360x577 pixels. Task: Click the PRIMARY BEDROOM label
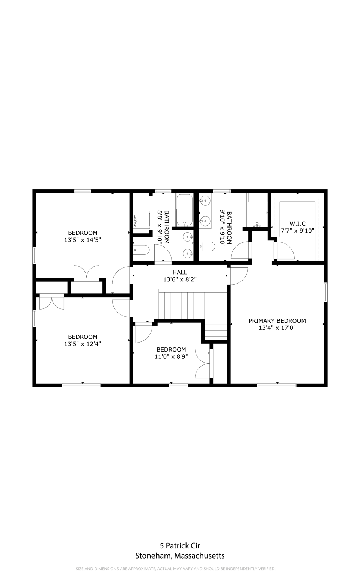coord(277,321)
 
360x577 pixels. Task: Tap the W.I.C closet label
coord(297,224)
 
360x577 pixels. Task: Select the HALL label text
coord(180,272)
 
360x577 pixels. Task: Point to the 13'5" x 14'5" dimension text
coord(83,240)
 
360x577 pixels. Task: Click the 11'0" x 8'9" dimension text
coord(171,356)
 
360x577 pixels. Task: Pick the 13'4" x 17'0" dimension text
coord(277,328)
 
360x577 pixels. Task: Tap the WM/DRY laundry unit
coord(141,221)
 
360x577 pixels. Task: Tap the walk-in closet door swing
coord(284,250)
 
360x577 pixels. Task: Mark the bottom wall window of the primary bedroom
coord(277,385)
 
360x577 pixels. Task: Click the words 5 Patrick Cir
coord(180,545)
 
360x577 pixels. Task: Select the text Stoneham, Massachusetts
coord(180,556)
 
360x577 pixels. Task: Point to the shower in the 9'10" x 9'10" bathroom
coord(257,210)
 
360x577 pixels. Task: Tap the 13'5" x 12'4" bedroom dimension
coord(83,344)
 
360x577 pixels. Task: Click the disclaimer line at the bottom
coord(176,568)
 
